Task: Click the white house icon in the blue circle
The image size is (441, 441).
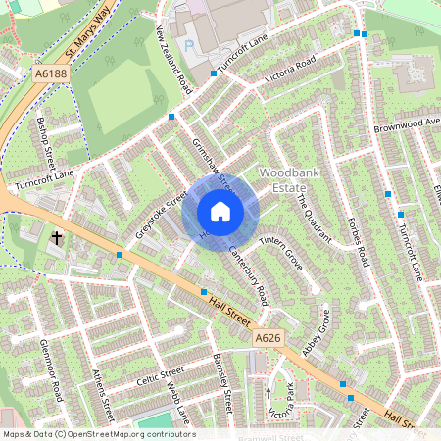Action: [x=220, y=212]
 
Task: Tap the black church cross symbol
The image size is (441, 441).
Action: [x=57, y=237]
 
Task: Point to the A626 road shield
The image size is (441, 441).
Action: [x=269, y=338]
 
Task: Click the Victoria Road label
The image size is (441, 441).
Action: [x=285, y=67]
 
